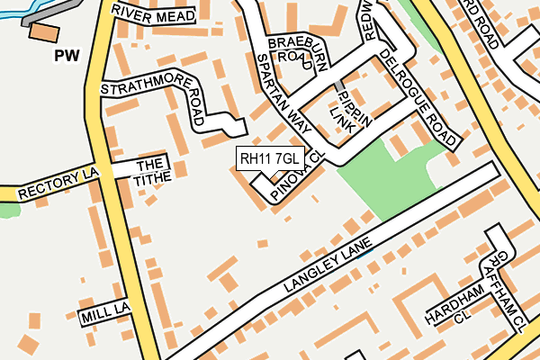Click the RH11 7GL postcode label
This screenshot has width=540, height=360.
[271, 159]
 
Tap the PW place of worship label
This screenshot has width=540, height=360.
[67, 56]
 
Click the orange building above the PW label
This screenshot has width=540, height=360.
[42, 32]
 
